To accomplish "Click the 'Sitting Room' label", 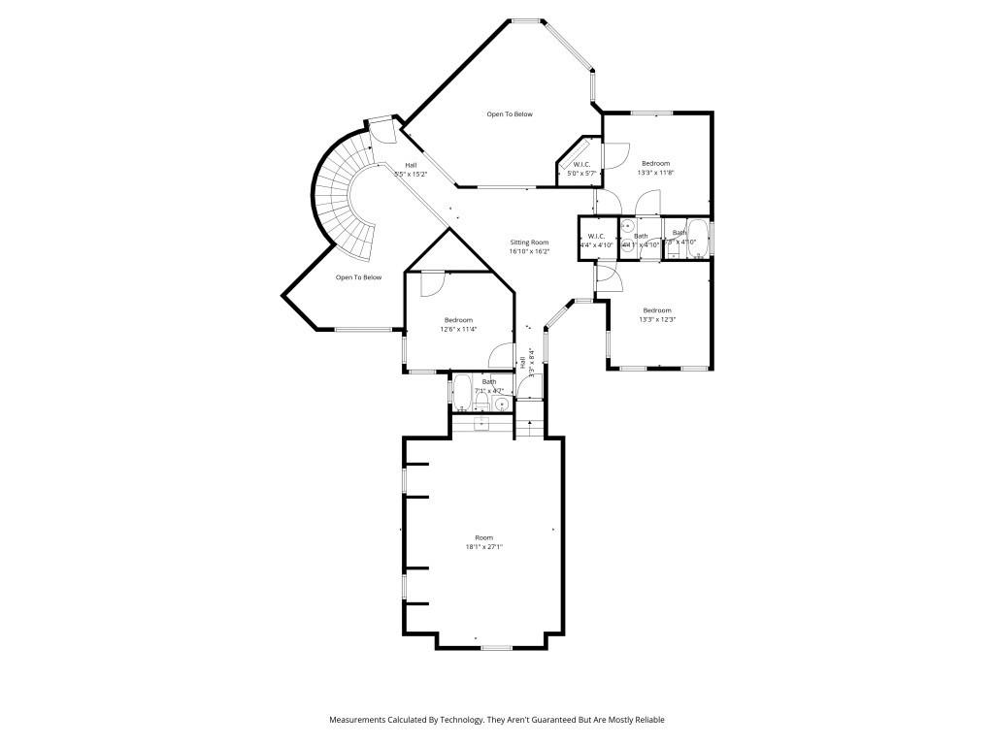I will [529, 243].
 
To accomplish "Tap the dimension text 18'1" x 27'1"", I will [483, 547].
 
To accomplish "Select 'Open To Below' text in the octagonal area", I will [510, 114].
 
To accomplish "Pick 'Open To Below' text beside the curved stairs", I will [358, 277].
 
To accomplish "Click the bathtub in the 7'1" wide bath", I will [462, 393].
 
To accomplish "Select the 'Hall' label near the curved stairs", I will [412, 165].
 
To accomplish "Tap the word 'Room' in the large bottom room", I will [483, 537].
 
